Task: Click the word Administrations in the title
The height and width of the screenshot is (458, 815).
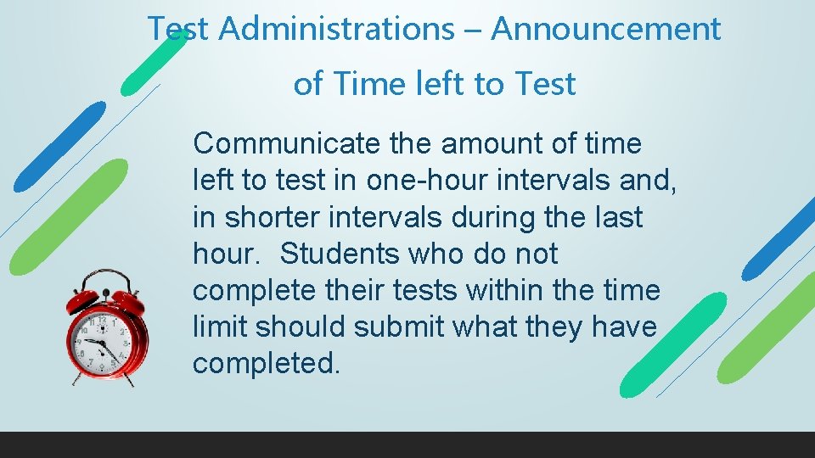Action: [336, 30]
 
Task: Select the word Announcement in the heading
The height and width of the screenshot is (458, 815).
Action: [606, 30]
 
